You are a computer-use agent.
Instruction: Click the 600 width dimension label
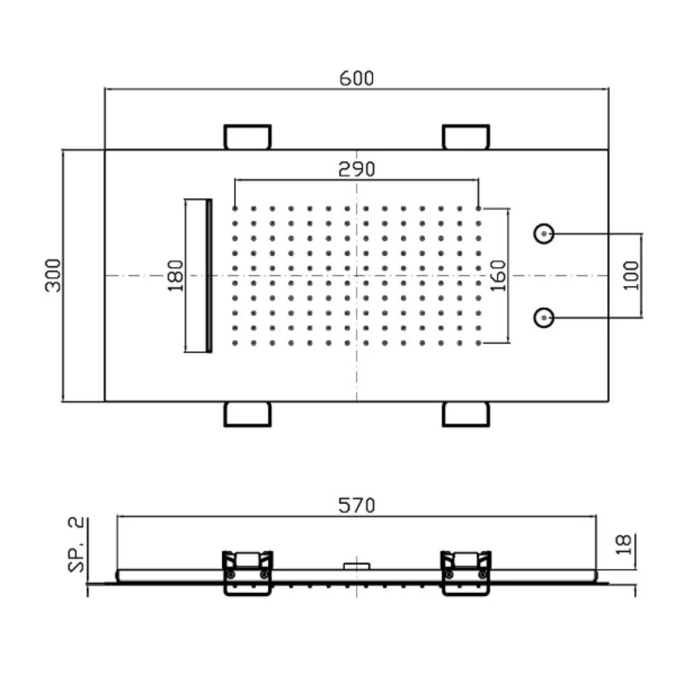(357, 78)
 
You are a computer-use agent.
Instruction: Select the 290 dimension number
(357, 169)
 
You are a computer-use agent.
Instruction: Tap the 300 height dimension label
(53, 276)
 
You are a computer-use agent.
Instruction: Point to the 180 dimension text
(175, 276)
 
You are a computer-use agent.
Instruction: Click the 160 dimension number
(499, 276)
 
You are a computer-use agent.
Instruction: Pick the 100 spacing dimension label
(631, 276)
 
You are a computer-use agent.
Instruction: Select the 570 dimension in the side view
(357, 506)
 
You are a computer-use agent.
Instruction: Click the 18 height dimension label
(623, 545)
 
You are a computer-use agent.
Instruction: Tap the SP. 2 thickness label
(76, 545)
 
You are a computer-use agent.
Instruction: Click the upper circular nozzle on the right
(544, 234)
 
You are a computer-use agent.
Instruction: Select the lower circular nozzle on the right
(544, 317)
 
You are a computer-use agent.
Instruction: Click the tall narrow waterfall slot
(198, 276)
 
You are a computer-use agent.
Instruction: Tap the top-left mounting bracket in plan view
(247, 137)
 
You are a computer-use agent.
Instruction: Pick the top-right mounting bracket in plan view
(466, 137)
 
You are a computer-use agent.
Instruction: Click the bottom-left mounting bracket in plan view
(247, 415)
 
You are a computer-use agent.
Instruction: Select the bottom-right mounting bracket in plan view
(466, 415)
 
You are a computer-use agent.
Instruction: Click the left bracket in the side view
(247, 573)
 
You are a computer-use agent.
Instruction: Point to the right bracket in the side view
(466, 573)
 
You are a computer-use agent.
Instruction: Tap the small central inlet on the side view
(357, 566)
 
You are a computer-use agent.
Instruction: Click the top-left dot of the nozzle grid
(235, 208)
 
